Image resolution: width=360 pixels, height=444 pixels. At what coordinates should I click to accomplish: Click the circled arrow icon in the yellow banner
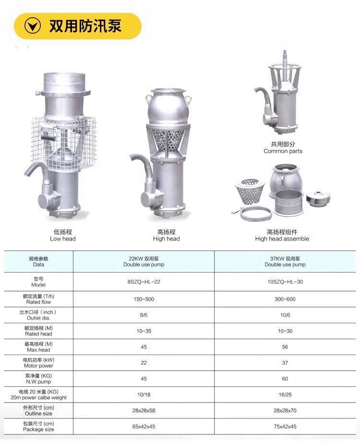tap(33, 26)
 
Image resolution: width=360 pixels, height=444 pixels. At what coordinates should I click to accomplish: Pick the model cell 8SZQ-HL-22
tap(144, 282)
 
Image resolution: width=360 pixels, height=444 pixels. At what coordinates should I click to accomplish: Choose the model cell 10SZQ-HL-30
tap(285, 282)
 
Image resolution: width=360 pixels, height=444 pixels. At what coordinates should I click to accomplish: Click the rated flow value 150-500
tap(144, 299)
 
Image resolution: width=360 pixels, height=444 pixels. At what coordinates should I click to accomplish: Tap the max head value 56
tap(285, 347)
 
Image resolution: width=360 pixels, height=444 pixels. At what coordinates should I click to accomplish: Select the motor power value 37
tap(285, 363)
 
